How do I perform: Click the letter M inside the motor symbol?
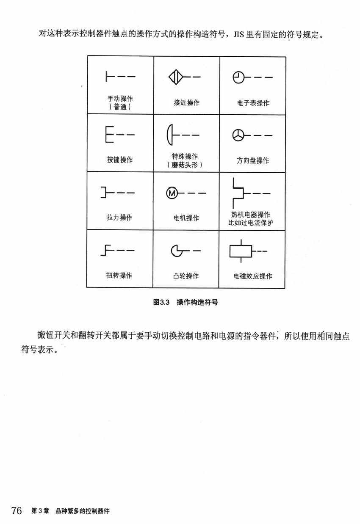(172, 193)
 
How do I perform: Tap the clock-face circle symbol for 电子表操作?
(238, 77)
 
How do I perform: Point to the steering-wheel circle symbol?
(238, 135)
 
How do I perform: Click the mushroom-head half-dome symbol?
(170, 135)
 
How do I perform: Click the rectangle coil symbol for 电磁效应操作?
(241, 251)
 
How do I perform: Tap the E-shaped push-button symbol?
(110, 135)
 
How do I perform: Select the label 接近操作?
(186, 103)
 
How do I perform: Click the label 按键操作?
(120, 160)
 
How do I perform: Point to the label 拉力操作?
(119, 218)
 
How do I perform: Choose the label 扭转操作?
(119, 276)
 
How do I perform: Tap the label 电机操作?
(186, 218)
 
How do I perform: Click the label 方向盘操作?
(253, 160)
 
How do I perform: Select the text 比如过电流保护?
(251, 223)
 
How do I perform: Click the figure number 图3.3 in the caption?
(161, 302)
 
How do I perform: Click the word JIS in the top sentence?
(239, 35)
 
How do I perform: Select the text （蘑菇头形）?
(185, 165)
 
